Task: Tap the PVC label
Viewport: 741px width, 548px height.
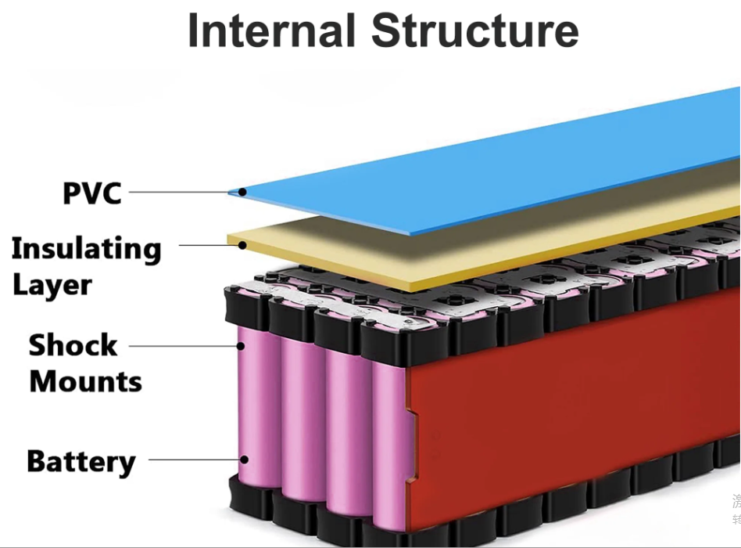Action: click(x=92, y=192)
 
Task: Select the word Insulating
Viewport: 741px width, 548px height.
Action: click(x=86, y=249)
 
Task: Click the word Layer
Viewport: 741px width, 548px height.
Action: click(x=52, y=284)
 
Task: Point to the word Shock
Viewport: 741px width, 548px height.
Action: click(x=73, y=345)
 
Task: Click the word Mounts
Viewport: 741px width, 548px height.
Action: click(x=85, y=382)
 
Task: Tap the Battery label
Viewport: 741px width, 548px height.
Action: click(x=81, y=461)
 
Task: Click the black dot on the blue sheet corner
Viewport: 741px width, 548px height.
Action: click(x=243, y=192)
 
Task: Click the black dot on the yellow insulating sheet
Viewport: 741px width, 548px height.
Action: click(x=243, y=245)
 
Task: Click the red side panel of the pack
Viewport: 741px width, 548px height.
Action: click(x=563, y=391)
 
